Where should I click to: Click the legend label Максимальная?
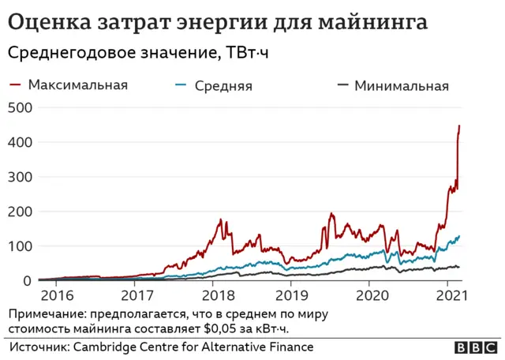click(77, 84)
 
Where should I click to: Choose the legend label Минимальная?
click(401, 85)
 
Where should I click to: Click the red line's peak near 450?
click(460, 126)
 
